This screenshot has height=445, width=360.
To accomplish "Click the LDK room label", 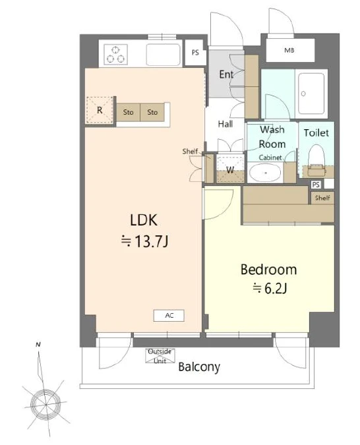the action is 143,220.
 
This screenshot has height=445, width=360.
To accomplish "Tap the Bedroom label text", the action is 268,270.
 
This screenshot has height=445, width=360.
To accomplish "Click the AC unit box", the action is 169,315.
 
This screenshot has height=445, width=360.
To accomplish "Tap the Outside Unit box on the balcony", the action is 160,356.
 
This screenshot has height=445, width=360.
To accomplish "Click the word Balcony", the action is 199,367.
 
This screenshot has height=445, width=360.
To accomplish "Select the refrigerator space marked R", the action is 100,110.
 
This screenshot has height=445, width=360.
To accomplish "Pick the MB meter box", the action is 290,51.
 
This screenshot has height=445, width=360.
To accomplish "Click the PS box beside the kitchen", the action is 195,53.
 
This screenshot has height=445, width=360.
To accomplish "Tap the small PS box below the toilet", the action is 316,185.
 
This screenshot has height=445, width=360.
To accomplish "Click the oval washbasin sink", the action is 265,173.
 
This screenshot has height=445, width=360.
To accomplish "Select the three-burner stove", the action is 115,54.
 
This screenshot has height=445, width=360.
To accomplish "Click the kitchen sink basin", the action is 164,55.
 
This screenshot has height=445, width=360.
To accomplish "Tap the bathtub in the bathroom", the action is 311,94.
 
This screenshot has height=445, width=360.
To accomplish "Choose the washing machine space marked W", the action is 230,169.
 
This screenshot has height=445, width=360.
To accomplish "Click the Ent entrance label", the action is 226,74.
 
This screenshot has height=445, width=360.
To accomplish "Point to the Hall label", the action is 225,124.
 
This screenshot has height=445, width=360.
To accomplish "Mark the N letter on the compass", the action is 38,345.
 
